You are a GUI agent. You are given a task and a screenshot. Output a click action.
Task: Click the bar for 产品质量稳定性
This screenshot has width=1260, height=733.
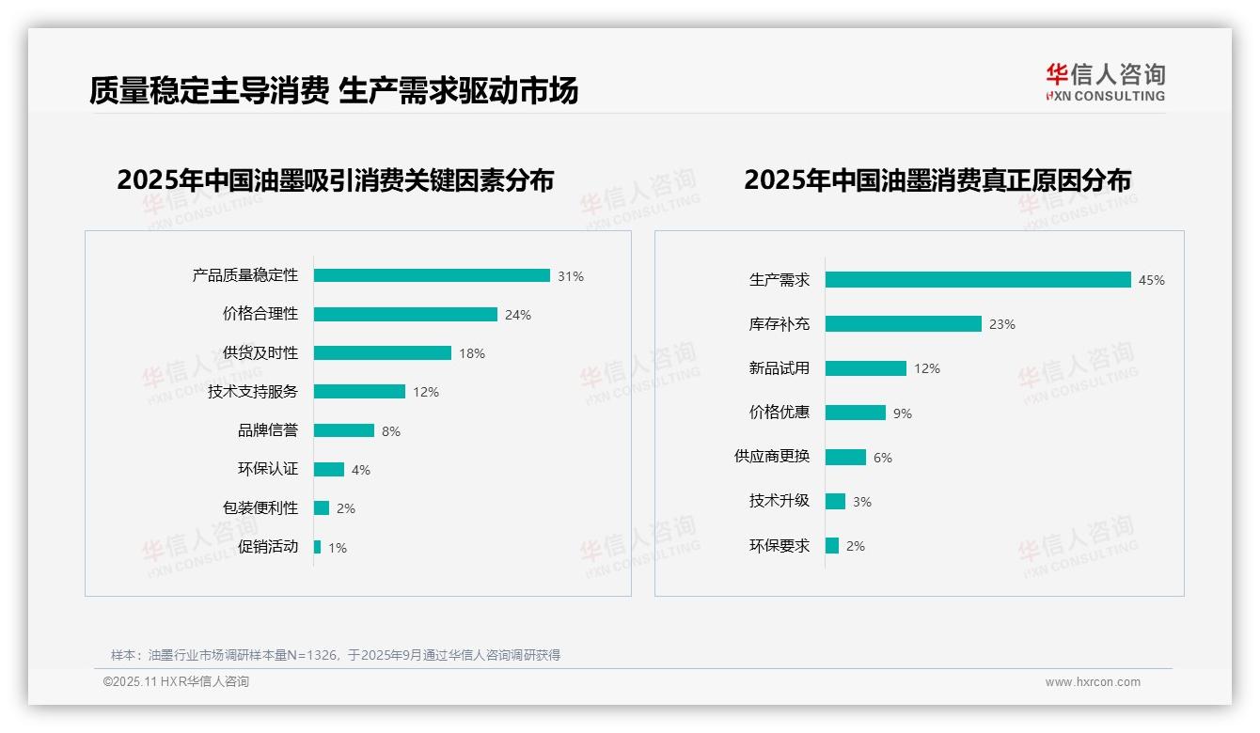tap(432, 275)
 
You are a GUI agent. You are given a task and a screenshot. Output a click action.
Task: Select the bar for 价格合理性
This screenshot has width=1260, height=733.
tap(405, 314)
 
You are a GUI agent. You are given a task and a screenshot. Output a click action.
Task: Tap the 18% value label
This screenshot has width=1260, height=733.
tap(472, 353)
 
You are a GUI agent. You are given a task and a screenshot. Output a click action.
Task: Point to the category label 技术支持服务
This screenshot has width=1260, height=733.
tap(253, 392)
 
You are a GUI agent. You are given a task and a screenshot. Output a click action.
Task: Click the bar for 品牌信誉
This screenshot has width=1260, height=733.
tap(343, 430)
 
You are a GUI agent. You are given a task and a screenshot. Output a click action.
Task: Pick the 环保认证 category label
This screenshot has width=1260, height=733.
tap(268, 469)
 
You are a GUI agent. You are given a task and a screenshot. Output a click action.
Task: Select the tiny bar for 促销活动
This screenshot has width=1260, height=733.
tap(317, 547)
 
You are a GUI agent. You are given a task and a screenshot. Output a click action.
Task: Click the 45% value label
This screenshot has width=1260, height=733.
tap(1151, 280)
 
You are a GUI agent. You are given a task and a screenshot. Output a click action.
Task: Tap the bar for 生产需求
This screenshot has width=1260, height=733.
tap(978, 279)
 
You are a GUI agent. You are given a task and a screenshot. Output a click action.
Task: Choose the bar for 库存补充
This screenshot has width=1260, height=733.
tap(903, 323)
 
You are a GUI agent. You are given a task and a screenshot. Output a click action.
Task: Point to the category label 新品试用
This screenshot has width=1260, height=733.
tap(780, 368)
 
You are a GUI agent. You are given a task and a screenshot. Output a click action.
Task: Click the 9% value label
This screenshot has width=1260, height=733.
tap(903, 413)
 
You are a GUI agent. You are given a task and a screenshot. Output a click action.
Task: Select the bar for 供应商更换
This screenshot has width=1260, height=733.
tap(845, 457)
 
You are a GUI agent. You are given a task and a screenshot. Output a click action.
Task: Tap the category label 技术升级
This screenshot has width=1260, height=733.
tap(780, 501)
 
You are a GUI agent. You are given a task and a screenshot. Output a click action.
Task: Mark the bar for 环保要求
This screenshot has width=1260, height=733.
tap(832, 545)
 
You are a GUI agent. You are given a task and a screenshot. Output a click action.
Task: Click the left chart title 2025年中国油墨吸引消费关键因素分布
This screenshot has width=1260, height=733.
tap(336, 179)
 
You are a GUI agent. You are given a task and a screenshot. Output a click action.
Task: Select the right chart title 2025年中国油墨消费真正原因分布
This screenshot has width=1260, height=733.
tap(937, 179)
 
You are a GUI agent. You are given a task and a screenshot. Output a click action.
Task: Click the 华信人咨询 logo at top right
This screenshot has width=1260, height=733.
tap(1106, 82)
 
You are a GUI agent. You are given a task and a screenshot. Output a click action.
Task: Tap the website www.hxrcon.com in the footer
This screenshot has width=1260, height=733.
tap(1093, 682)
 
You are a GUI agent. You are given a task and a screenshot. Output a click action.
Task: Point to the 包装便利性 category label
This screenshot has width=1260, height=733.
tap(260, 508)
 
